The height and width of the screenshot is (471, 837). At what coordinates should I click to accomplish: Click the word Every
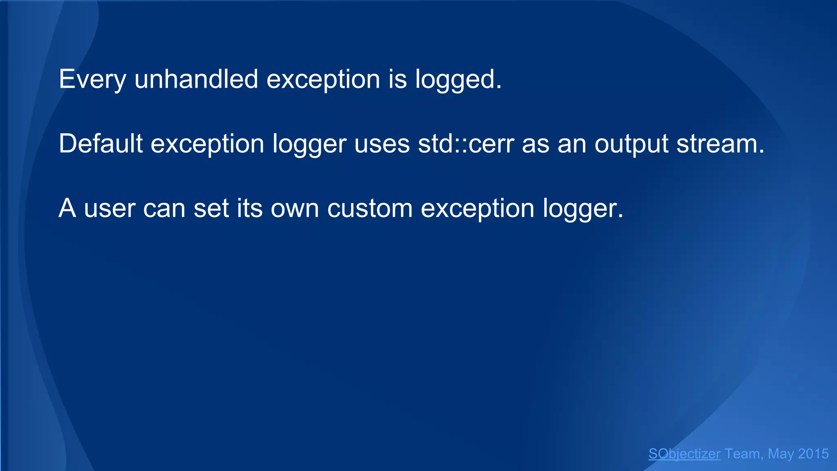point(92,79)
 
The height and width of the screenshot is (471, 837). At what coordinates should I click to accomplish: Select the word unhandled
point(196,78)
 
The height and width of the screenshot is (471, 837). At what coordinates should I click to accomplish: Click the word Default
point(101,144)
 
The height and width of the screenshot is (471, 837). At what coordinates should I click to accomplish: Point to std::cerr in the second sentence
point(466,144)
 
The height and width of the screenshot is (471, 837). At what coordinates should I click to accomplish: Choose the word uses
point(382,144)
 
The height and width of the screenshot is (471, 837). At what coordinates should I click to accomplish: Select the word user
point(110,209)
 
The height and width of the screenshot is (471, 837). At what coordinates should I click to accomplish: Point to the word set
point(211,209)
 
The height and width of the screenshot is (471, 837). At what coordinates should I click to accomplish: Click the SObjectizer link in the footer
point(684,454)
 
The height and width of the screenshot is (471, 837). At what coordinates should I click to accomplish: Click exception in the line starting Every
point(323,79)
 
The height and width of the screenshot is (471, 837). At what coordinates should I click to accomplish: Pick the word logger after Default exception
point(309,144)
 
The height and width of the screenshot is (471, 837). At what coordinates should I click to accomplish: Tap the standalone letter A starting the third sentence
point(67,209)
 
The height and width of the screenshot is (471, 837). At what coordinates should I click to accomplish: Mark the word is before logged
point(397,78)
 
